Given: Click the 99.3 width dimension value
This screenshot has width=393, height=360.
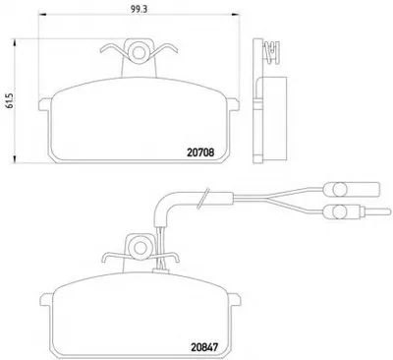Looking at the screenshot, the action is [x=139, y=9].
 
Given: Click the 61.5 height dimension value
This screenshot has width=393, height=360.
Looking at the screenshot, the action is [x=9, y=100].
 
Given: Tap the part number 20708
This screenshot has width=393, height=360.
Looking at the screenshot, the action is [x=200, y=152].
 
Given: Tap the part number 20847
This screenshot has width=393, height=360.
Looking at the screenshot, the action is [x=203, y=347].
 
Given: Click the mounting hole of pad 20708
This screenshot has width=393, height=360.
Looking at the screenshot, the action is [x=139, y=51].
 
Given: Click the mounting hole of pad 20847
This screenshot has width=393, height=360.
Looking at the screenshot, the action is [x=140, y=249].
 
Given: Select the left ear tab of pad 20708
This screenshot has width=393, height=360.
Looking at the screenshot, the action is [x=45, y=104].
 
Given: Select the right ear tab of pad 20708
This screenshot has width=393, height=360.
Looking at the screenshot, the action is [x=233, y=104].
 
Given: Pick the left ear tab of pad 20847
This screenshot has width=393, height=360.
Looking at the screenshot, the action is [x=46, y=300].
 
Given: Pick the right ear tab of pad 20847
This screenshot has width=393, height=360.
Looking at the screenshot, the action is [x=235, y=300].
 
